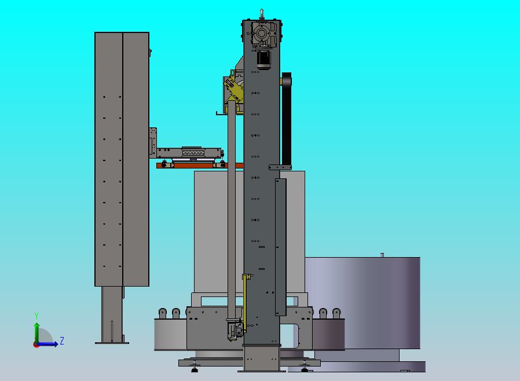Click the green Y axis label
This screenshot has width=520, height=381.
pyautogui.click(x=36, y=316)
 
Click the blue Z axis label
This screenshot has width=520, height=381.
pyautogui.click(x=62, y=340)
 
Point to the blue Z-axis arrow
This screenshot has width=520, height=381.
pyautogui.click(x=47, y=344)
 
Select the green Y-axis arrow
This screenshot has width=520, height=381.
pyautogui.click(x=37, y=333)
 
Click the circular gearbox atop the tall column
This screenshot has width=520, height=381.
pyautogui.click(x=262, y=34)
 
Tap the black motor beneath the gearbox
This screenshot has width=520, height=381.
pyautogui.click(x=263, y=60)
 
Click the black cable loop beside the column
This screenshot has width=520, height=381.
pyautogui.click(x=287, y=119)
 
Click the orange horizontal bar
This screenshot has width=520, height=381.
pyautogui.click(x=200, y=165)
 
